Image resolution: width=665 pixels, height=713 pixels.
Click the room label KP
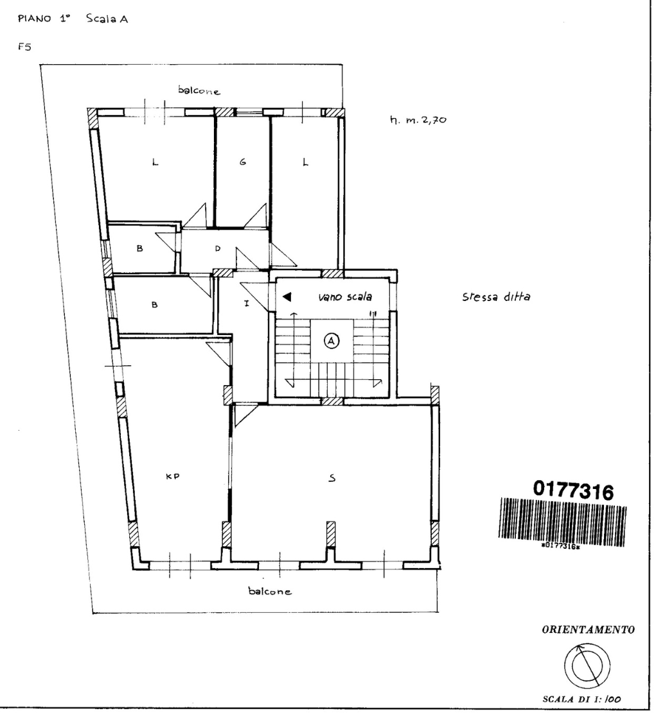point(172,476)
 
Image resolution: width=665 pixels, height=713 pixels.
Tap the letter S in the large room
point(332,477)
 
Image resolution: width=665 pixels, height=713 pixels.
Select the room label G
point(243,162)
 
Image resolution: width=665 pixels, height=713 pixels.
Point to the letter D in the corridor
point(218,248)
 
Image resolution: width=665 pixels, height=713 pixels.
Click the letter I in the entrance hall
point(247,304)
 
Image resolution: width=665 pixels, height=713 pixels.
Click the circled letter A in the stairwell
point(332,340)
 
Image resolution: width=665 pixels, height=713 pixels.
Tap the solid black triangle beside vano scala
point(287,297)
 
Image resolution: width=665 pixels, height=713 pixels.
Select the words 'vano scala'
point(345,297)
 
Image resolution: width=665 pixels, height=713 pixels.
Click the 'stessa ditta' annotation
point(496,297)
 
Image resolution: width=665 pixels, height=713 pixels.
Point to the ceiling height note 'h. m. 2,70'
point(418,120)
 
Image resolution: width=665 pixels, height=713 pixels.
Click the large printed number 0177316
point(574,490)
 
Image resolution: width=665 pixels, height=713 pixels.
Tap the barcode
point(563,523)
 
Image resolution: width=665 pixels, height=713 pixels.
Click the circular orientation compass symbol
point(587,666)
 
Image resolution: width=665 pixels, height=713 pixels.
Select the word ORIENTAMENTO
point(588,630)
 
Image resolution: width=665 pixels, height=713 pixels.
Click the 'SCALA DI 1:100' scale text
point(581,700)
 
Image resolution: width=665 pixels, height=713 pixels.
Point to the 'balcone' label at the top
point(199,90)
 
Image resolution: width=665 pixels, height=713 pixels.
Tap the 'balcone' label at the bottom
point(269,590)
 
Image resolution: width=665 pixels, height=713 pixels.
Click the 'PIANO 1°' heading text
point(44,19)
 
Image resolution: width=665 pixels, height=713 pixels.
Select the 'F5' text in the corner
point(24,46)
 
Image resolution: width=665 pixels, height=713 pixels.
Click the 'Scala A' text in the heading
point(107,19)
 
